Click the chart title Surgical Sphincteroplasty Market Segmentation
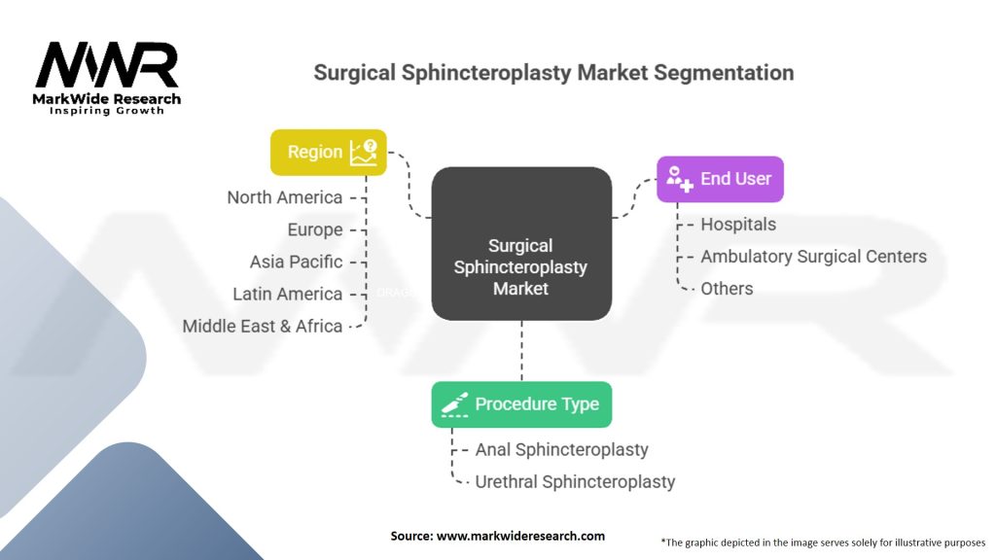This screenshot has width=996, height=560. point(553,73)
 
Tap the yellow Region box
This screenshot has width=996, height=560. point(328,152)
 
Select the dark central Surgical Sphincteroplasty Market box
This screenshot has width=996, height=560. point(521,243)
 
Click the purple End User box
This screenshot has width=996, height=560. point(720,179)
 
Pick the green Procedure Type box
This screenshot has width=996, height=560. point(521,404)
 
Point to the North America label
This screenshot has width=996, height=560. point(285,197)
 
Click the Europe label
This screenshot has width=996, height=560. point(315,229)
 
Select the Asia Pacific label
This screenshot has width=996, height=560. point(296,262)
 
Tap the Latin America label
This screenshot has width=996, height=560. point(288,294)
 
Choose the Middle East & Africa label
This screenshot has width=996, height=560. point(263,326)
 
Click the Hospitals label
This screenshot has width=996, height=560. point(738,224)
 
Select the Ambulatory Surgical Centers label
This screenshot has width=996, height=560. point(813,256)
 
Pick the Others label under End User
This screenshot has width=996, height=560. point(727,288)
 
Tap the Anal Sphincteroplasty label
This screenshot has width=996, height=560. point(561,449)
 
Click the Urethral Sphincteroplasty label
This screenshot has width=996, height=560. point(575,481)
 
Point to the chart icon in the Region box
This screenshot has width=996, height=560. point(365,151)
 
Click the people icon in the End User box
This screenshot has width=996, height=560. point(678,179)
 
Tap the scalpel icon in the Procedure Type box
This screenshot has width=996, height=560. point(454,404)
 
